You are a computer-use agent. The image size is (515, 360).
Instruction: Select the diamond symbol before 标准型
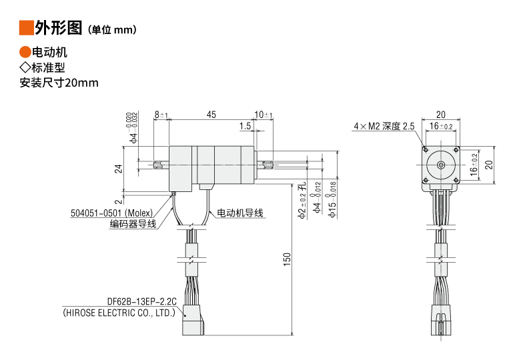tap(25, 67)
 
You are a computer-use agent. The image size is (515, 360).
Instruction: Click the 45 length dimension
tap(211, 115)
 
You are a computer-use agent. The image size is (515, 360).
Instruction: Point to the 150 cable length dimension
tap(287, 259)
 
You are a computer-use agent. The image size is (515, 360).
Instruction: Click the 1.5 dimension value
tap(244, 126)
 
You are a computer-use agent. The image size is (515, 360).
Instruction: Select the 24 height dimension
tap(119, 169)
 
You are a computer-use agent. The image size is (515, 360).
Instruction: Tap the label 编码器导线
tap(133, 224)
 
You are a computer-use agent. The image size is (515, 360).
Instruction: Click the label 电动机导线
tap(239, 213)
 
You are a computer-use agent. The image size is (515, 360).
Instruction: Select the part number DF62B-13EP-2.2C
tap(140, 301)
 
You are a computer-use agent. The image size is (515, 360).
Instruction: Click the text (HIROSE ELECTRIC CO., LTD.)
tap(118, 311)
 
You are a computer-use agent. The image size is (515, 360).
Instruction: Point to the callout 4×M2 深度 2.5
tap(384, 126)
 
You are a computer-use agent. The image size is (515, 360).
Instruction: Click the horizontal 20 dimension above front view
tap(441, 114)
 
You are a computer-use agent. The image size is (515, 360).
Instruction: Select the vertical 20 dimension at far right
tap(488, 164)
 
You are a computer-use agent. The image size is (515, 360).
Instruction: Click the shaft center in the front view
tap(440, 164)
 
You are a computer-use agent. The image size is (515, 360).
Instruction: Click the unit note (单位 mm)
tap(112, 29)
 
